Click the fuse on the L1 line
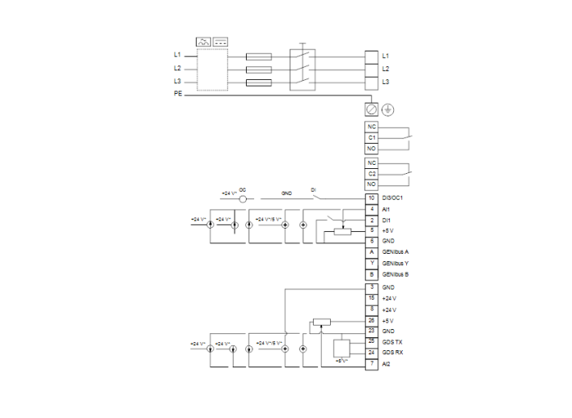(x=259, y=56)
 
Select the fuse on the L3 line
(x=259, y=82)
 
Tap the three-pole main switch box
(x=302, y=69)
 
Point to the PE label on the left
(x=177, y=95)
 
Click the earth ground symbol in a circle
(x=387, y=109)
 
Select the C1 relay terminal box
(x=372, y=138)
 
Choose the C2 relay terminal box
(x=372, y=173)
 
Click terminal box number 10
(x=372, y=198)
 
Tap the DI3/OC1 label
(x=393, y=198)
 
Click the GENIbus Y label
(x=395, y=264)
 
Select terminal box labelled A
(x=372, y=252)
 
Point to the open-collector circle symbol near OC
(x=243, y=198)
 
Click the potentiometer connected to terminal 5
(x=342, y=232)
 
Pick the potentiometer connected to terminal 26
(x=320, y=322)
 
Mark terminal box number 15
(x=372, y=299)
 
